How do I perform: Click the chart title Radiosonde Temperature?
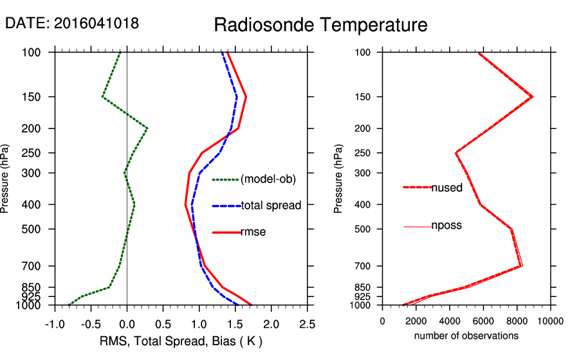(x=320, y=25)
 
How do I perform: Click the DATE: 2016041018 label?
(x=72, y=23)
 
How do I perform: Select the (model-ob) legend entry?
(x=268, y=179)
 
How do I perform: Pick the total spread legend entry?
(x=271, y=206)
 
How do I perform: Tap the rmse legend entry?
(x=253, y=232)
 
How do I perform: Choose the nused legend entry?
(x=446, y=188)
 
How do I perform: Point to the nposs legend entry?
(x=446, y=226)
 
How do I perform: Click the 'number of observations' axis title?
(x=466, y=336)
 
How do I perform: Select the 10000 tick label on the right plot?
(x=550, y=321)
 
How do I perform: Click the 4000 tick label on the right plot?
(x=450, y=321)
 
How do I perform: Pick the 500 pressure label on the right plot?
(x=363, y=229)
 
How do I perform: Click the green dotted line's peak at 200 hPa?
(x=147, y=129)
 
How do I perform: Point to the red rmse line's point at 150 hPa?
(x=246, y=97)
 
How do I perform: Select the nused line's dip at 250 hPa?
(x=456, y=153)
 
